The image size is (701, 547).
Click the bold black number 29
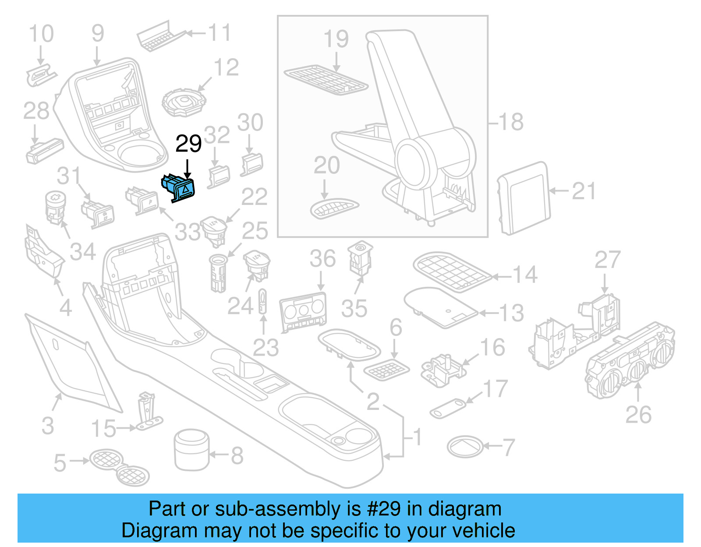(x=188, y=144)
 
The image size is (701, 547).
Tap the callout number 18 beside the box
(x=511, y=122)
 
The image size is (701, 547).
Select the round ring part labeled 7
(x=465, y=447)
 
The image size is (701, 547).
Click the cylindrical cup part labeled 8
(x=191, y=449)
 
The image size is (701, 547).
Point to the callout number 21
(x=584, y=191)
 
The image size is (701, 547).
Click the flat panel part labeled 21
(x=524, y=198)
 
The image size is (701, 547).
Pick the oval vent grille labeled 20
(x=334, y=208)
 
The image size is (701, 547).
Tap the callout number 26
(x=638, y=414)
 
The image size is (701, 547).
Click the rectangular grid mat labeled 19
(x=326, y=80)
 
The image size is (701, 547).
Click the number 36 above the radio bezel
(x=322, y=259)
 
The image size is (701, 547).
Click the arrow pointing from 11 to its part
(x=195, y=33)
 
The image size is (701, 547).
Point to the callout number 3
(x=48, y=426)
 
